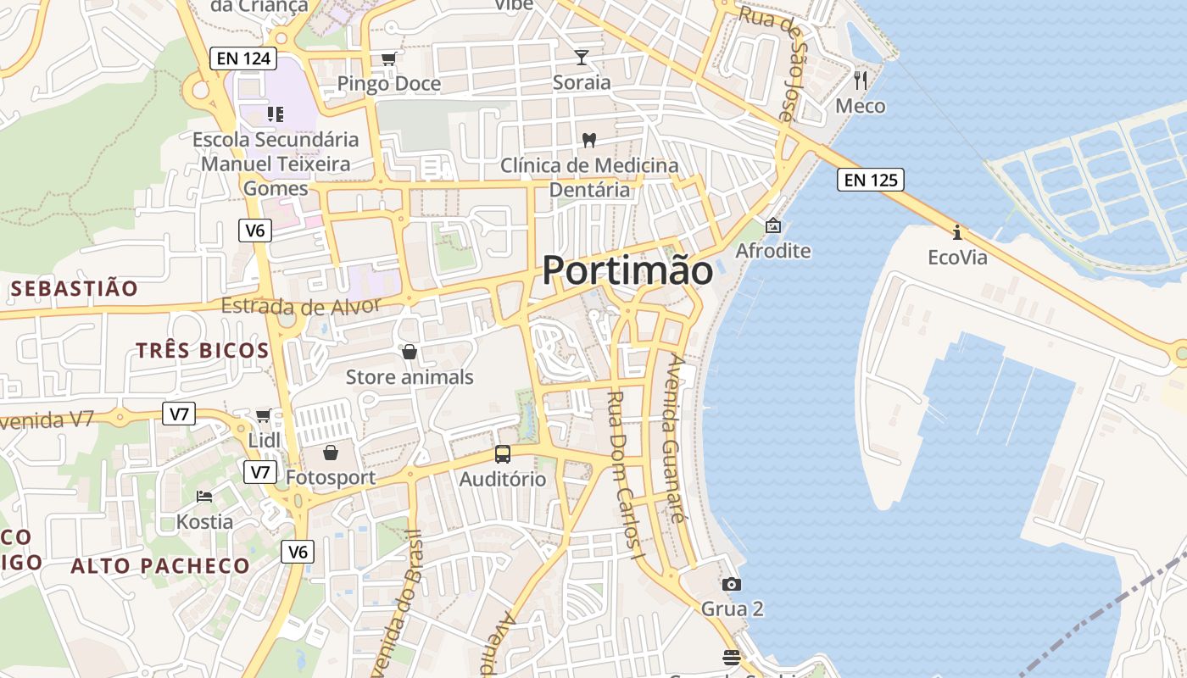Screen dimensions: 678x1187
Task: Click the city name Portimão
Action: coord(627,270)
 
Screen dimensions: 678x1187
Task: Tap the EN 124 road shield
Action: coord(243,58)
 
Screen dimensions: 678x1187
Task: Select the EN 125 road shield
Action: coord(870,180)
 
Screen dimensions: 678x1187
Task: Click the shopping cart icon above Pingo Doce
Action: coord(388,58)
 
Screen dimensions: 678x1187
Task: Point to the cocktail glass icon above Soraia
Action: coord(581,58)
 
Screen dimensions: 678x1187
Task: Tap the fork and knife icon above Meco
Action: coord(861,81)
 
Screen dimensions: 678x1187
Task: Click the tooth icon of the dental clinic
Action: coord(588,140)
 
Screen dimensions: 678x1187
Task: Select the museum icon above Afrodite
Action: coord(772,225)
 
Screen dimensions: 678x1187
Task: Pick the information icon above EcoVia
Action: coord(957,231)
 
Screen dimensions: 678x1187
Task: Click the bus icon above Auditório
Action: coord(503,454)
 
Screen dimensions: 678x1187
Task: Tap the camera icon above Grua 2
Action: coord(731,584)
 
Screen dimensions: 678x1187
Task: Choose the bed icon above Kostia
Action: coord(204,496)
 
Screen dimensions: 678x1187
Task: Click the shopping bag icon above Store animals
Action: coord(410,352)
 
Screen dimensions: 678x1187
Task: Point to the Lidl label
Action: coord(264,441)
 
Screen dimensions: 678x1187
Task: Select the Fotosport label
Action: coord(331,477)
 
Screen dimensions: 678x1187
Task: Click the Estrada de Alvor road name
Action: coord(301,306)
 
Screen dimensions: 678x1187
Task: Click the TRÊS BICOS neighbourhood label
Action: coord(203,350)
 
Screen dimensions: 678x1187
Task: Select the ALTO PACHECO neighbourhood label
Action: coord(160,566)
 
